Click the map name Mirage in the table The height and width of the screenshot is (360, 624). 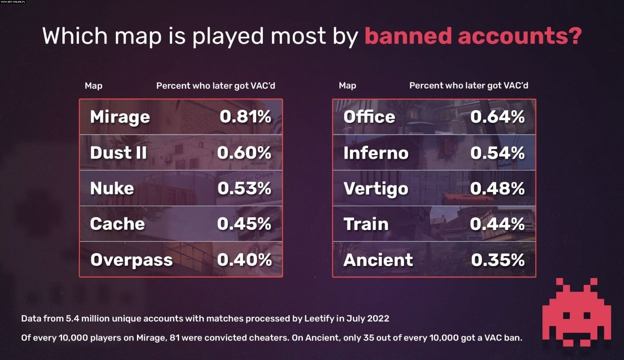coord(120,117)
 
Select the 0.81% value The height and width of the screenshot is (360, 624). coord(245,117)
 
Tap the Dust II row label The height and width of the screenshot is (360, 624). coord(118,153)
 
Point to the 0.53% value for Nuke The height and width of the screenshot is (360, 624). coord(244,188)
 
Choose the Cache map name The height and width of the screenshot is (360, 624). coord(117,224)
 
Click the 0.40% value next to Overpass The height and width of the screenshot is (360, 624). coord(244,260)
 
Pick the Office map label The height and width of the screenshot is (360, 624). coord(369,117)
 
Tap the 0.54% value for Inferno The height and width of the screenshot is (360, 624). coord(497,153)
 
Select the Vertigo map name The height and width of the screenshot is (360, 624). coord(376,189)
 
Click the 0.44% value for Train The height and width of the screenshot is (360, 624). coord(497,224)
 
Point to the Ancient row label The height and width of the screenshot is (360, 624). coord(378,260)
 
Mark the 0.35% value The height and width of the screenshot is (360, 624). coord(498,260)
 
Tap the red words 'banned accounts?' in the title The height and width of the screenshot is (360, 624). coord(473,36)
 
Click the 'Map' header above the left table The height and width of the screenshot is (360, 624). coord(93,86)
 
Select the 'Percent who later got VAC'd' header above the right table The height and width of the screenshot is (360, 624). coord(469,86)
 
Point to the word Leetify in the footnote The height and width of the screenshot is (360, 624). coord(319,318)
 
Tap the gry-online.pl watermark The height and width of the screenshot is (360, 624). coord(13,2)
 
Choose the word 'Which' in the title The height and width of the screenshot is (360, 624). coord(75,36)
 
